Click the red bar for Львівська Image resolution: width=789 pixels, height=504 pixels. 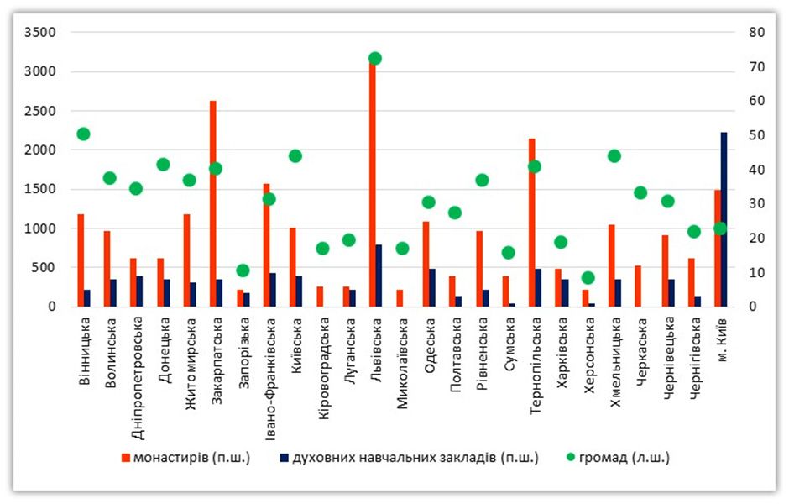tap(372, 185)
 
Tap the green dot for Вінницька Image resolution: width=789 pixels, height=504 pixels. tap(83, 134)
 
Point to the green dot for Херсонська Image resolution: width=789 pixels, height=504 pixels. tap(588, 278)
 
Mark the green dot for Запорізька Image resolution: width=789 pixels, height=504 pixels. tap(243, 270)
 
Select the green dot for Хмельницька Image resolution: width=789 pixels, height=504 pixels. tap(614, 155)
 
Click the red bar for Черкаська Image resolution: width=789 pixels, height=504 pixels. tap(637, 286)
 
